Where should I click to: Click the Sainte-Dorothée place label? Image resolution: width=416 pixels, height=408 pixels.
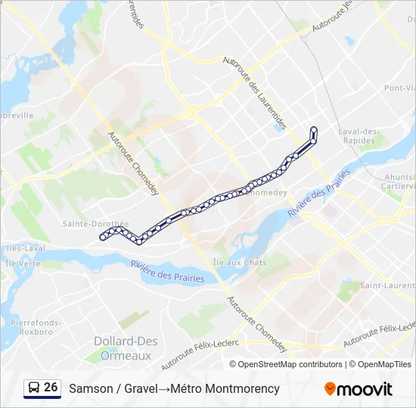[x=96, y=224]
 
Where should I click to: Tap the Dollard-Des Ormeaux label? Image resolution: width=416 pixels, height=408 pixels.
[x=123, y=348]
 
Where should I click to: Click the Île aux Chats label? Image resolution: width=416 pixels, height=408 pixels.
[x=240, y=262]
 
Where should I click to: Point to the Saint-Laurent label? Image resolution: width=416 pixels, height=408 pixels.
[x=387, y=286]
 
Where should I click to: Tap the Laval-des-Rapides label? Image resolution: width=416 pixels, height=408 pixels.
[x=358, y=135]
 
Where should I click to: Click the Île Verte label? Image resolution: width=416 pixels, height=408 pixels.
[x=22, y=264]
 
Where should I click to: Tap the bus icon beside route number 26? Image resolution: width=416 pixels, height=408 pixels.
[x=33, y=388]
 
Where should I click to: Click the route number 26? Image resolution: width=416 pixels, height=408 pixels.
[x=51, y=388]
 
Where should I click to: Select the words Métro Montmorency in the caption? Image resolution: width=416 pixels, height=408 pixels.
[x=225, y=389]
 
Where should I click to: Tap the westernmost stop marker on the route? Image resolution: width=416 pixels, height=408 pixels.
[x=102, y=238]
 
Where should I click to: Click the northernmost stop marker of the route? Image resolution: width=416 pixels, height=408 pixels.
[x=314, y=128]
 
